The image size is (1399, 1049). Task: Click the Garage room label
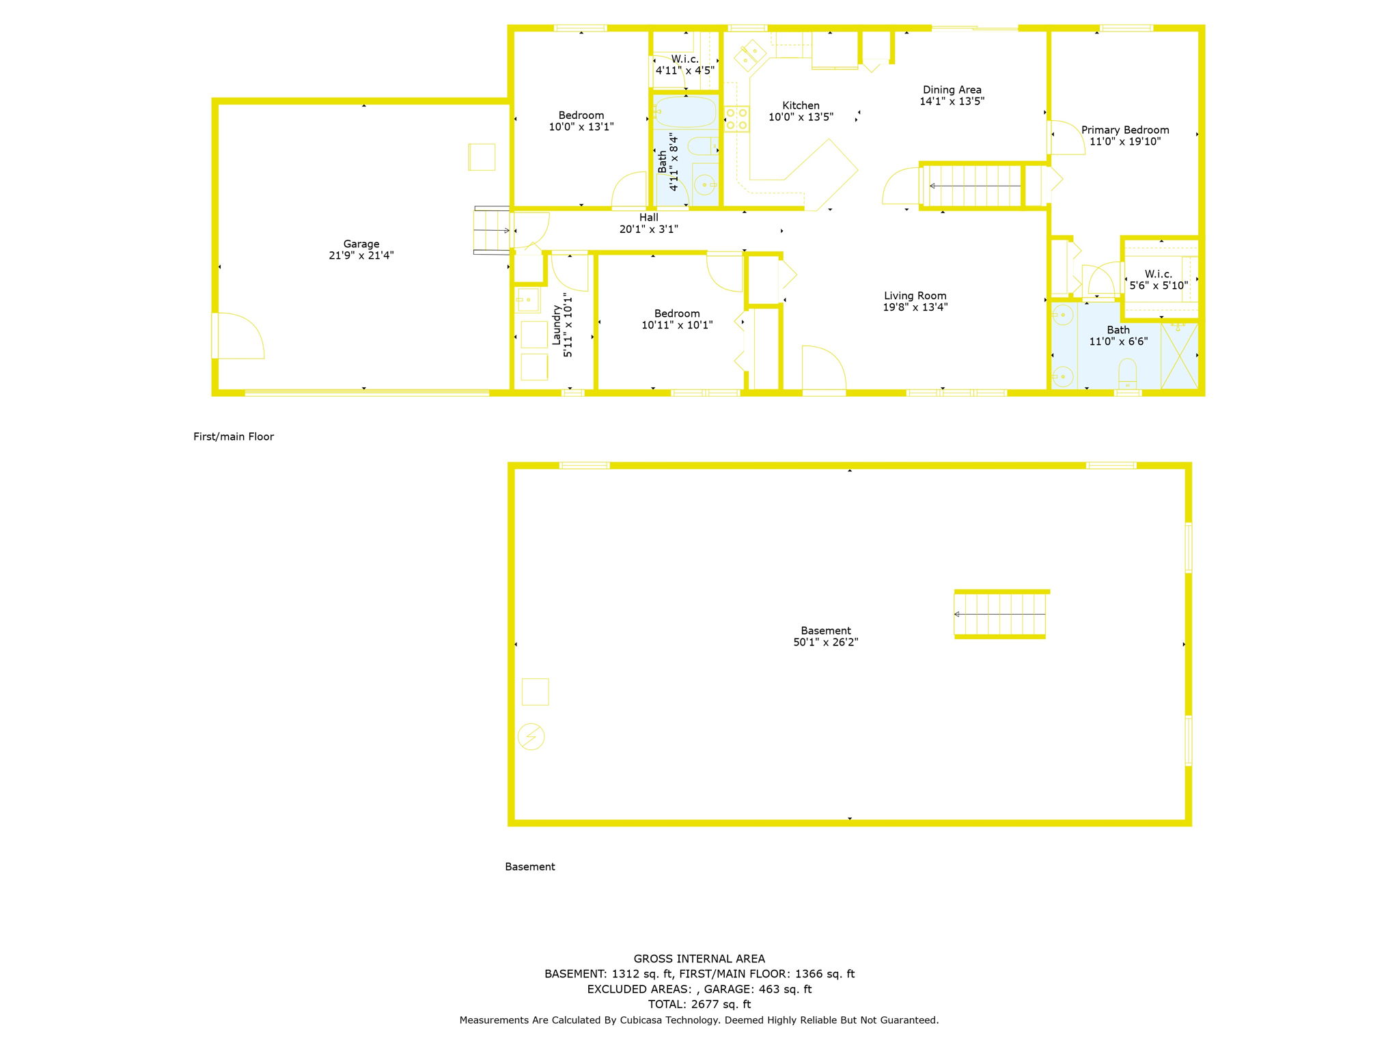[361, 244]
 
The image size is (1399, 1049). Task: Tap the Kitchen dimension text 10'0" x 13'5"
[801, 117]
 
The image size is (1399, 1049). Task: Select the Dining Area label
[952, 89]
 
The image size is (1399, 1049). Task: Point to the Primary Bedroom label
[1125, 130]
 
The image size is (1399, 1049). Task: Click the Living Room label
[915, 296]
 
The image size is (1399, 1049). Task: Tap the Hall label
[649, 217]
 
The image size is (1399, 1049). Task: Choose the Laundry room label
[556, 325]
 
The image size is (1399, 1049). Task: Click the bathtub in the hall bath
[685, 112]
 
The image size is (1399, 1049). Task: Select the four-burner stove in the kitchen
[736, 119]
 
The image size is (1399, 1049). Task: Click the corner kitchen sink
[750, 55]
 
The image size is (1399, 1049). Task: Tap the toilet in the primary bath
[1127, 373]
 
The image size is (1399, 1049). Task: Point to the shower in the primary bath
[1180, 356]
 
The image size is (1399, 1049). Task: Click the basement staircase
[1000, 614]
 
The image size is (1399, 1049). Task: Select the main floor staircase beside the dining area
[971, 186]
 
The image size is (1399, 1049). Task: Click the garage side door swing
[238, 335]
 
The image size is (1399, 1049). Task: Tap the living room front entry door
[824, 369]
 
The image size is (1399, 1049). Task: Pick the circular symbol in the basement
[531, 737]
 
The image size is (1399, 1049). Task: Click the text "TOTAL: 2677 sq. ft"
[699, 1004]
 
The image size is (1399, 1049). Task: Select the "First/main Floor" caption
[234, 436]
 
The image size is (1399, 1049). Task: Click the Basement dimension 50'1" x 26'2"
[825, 642]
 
